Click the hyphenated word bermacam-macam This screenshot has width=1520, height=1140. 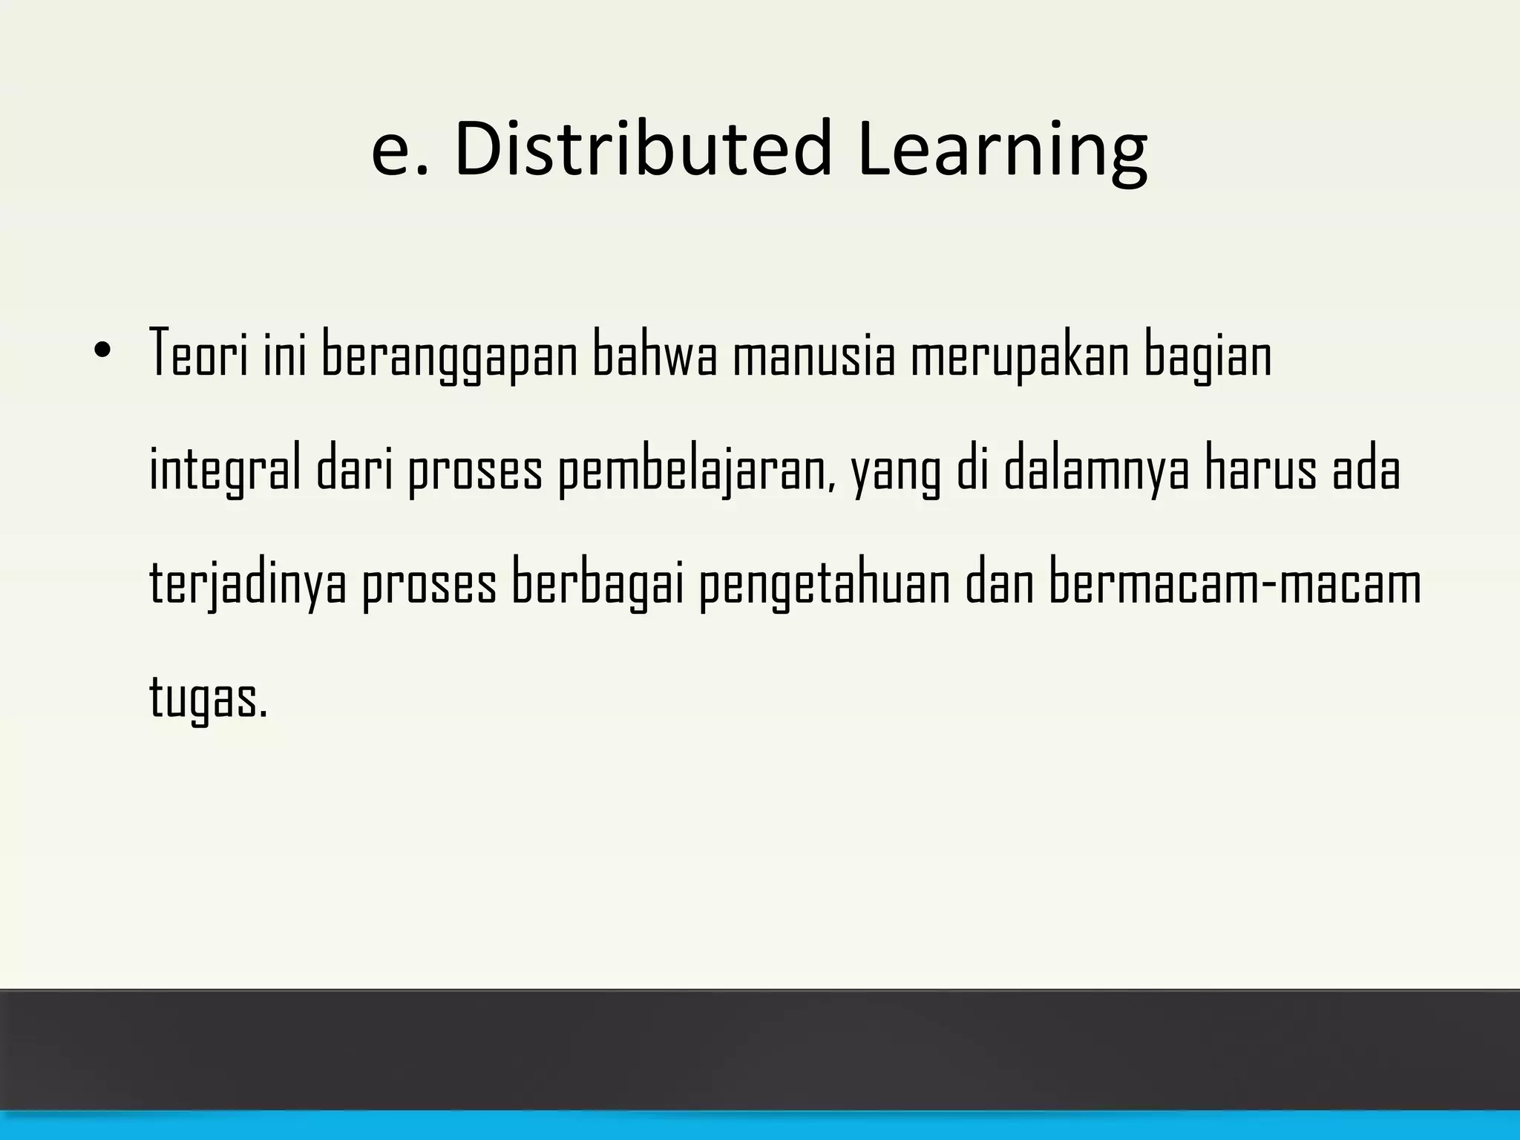click(x=1235, y=583)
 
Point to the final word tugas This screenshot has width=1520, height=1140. click(x=207, y=698)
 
